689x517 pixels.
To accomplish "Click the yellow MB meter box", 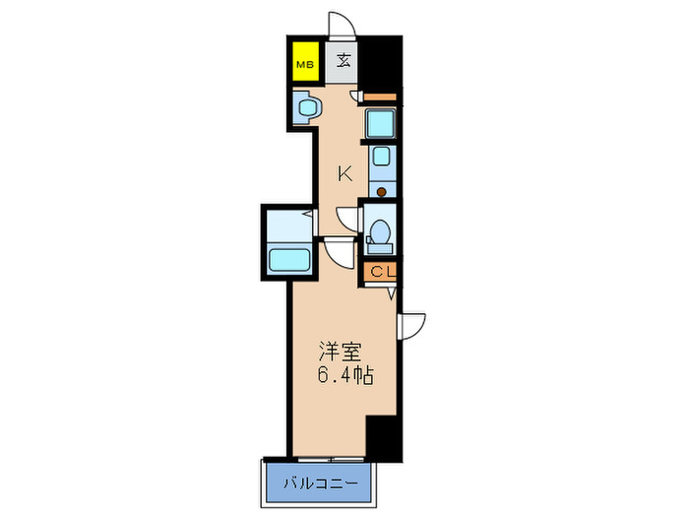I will pos(305,66).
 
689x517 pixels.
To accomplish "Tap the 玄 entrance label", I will pos(344,61).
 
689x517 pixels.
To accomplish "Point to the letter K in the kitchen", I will pos(344,174).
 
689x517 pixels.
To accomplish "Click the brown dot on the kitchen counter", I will pos(380,190).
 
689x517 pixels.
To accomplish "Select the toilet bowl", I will pos(379,233).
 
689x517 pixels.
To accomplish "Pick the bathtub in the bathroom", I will pos(289,262).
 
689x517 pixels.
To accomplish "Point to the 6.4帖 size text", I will pos(344,375).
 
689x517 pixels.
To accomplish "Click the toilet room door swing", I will pos(346,219).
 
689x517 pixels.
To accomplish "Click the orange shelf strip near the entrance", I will pos(380,97).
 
